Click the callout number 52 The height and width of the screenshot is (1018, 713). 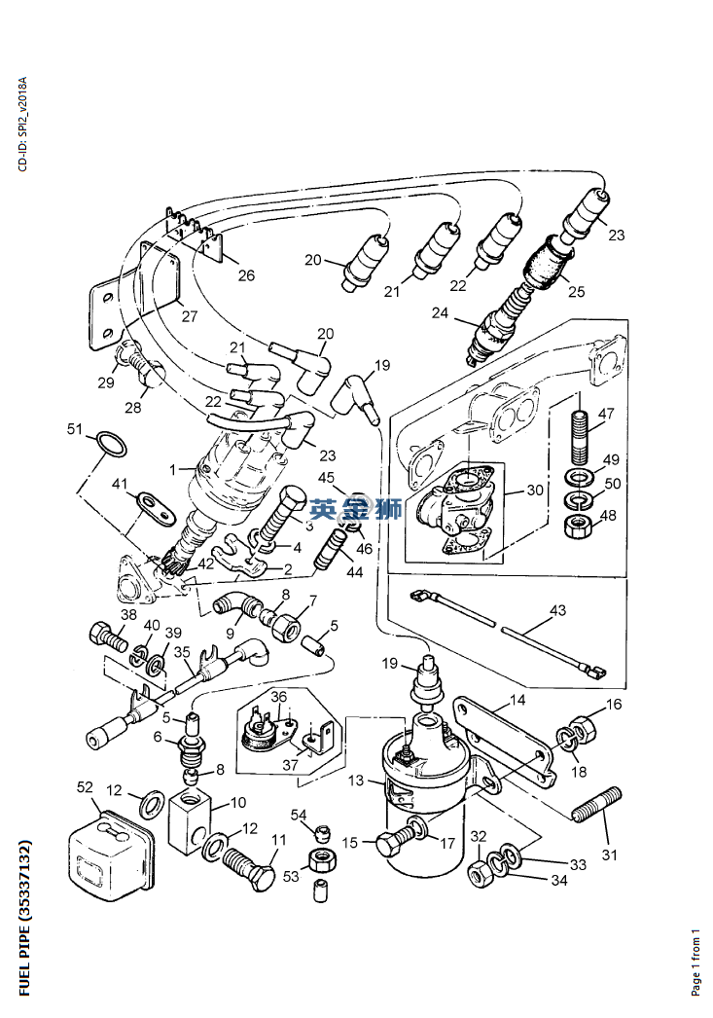[x=85, y=787]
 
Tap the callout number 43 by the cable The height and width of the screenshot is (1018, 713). [x=557, y=610]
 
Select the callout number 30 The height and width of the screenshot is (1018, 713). [x=535, y=490]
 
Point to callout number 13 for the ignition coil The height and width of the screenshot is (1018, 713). [x=355, y=780]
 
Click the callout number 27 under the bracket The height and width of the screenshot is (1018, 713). [x=189, y=317]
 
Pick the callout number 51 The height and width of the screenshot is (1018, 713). [x=75, y=429]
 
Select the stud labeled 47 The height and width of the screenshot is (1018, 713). [x=582, y=436]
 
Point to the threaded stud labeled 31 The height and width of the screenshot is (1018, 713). [x=597, y=805]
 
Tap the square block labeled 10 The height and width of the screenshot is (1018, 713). [x=190, y=819]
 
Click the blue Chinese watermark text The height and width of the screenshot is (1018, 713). [x=355, y=508]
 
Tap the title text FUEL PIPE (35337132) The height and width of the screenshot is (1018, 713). [x=24, y=918]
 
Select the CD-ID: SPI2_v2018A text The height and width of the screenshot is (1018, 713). [x=23, y=124]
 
